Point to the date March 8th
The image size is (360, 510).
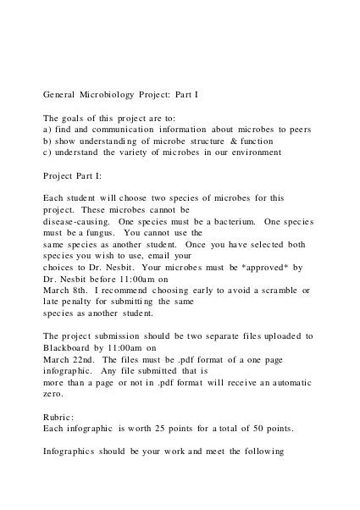click(64, 290)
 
